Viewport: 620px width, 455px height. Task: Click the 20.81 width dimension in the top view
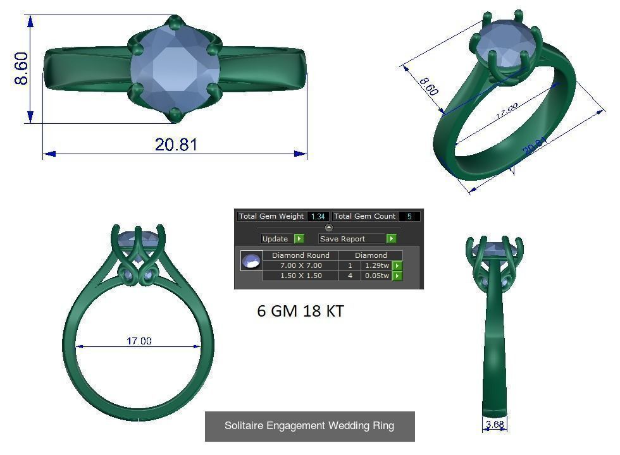176,145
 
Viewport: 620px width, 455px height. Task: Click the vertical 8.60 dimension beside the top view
22,69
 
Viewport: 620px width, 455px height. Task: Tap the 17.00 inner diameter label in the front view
139,341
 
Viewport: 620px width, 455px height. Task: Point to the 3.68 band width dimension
495,424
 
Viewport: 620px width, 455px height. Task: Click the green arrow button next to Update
299,239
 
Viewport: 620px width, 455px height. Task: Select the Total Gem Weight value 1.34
318,216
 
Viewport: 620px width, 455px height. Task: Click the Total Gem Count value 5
409,216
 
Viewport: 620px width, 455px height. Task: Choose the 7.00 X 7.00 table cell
301,265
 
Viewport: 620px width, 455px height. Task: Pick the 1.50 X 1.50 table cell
301,276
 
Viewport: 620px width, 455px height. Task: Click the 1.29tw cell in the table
377,265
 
